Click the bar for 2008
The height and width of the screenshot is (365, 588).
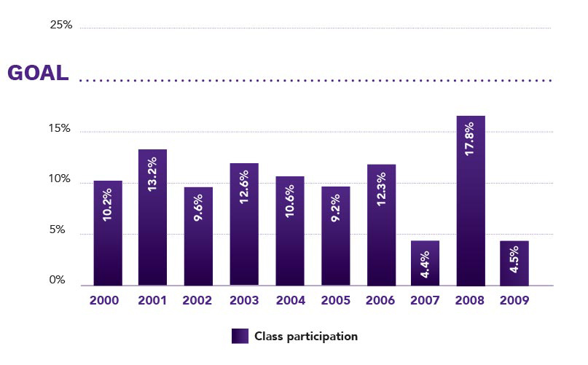tap(471, 200)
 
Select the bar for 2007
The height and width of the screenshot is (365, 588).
tap(426, 263)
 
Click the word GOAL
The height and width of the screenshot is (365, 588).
tap(38, 73)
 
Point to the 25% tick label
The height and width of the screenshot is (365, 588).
tap(61, 25)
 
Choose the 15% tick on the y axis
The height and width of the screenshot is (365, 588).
tap(60, 129)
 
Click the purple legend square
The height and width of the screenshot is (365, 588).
tap(240, 336)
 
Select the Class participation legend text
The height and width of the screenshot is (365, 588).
tap(306, 336)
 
